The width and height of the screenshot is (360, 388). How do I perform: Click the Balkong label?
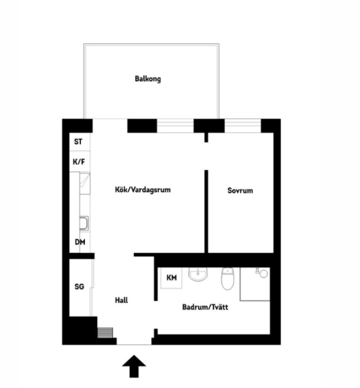(x=148, y=79)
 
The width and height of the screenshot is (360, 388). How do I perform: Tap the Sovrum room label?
(x=240, y=191)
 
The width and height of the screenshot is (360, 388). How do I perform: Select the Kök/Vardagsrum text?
(x=143, y=190)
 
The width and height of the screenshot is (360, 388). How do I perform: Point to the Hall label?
(x=121, y=300)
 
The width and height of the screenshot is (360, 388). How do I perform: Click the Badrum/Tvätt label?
(x=205, y=307)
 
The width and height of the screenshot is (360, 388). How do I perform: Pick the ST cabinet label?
(x=78, y=142)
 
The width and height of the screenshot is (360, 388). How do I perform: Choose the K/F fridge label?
(x=79, y=162)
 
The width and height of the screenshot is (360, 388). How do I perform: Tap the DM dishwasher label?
(x=80, y=242)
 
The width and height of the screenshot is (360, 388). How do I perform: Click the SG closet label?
(x=80, y=286)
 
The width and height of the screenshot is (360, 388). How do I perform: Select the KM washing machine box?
(x=171, y=278)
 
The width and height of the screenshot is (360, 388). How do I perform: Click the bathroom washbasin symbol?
(x=198, y=274)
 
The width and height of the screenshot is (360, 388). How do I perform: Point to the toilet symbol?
(x=228, y=279)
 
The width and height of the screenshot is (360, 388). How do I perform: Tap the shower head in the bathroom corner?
(x=262, y=273)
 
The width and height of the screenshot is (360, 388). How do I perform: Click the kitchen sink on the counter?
(x=84, y=223)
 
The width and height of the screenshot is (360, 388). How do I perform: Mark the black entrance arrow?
(x=134, y=366)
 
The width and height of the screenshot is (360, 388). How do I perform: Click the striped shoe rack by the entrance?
(x=105, y=332)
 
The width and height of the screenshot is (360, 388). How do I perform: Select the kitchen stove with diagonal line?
(x=85, y=183)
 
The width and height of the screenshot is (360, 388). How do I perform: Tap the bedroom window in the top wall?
(x=243, y=126)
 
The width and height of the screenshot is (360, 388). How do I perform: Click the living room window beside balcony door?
(x=175, y=126)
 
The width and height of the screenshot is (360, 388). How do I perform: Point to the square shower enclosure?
(x=255, y=284)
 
